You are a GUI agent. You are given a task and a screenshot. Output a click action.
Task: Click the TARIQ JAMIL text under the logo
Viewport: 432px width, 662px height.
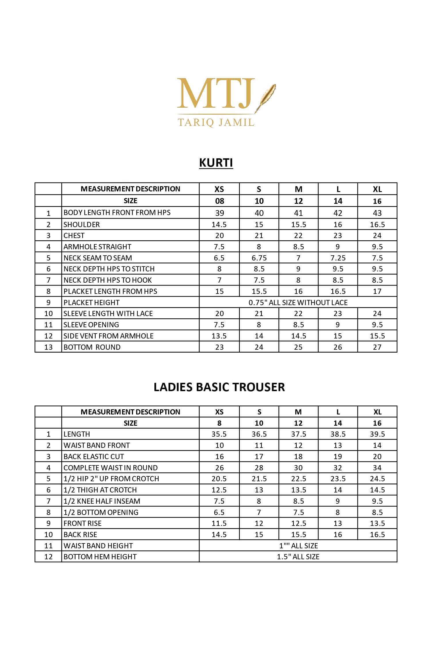(x=216, y=122)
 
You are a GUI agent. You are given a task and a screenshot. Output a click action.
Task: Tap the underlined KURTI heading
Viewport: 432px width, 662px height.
(x=216, y=163)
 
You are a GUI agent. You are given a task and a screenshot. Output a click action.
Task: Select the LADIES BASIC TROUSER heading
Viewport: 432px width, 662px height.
(x=219, y=387)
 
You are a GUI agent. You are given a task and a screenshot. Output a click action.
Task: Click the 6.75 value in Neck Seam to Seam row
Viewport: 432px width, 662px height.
(x=259, y=258)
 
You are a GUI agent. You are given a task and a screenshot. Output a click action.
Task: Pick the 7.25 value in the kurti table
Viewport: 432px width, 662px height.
(x=338, y=258)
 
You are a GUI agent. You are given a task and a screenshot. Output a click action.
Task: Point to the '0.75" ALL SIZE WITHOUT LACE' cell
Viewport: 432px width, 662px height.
(x=298, y=303)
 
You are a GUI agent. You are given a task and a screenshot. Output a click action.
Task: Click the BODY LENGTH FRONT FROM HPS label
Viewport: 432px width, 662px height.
(x=117, y=213)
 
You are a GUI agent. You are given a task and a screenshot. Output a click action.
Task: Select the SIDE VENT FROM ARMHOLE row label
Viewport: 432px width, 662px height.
(x=108, y=336)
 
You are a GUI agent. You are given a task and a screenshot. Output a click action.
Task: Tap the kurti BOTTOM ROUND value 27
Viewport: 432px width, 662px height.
(x=377, y=347)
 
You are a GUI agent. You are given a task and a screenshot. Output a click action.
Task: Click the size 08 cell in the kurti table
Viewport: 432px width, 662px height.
(x=219, y=201)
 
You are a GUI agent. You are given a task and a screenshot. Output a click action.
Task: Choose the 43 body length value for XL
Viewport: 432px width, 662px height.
(x=377, y=213)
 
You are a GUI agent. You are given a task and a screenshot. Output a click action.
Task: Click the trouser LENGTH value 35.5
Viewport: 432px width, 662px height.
(x=219, y=434)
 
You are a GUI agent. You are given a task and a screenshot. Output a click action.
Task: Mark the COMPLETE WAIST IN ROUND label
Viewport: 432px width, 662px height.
(x=111, y=468)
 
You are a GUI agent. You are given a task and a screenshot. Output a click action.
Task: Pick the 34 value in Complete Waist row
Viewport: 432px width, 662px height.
(x=377, y=468)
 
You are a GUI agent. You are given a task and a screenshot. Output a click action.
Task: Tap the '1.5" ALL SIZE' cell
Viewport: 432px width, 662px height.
(x=298, y=557)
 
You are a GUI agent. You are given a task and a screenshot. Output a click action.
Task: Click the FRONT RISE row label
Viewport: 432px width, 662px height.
(x=82, y=523)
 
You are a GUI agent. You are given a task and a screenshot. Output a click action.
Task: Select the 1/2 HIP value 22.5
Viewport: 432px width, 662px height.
(x=298, y=479)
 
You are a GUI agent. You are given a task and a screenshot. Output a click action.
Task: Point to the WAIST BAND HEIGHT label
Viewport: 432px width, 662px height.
(x=98, y=546)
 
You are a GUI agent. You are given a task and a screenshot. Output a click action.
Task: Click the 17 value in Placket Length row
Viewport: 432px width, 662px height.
(x=377, y=291)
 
